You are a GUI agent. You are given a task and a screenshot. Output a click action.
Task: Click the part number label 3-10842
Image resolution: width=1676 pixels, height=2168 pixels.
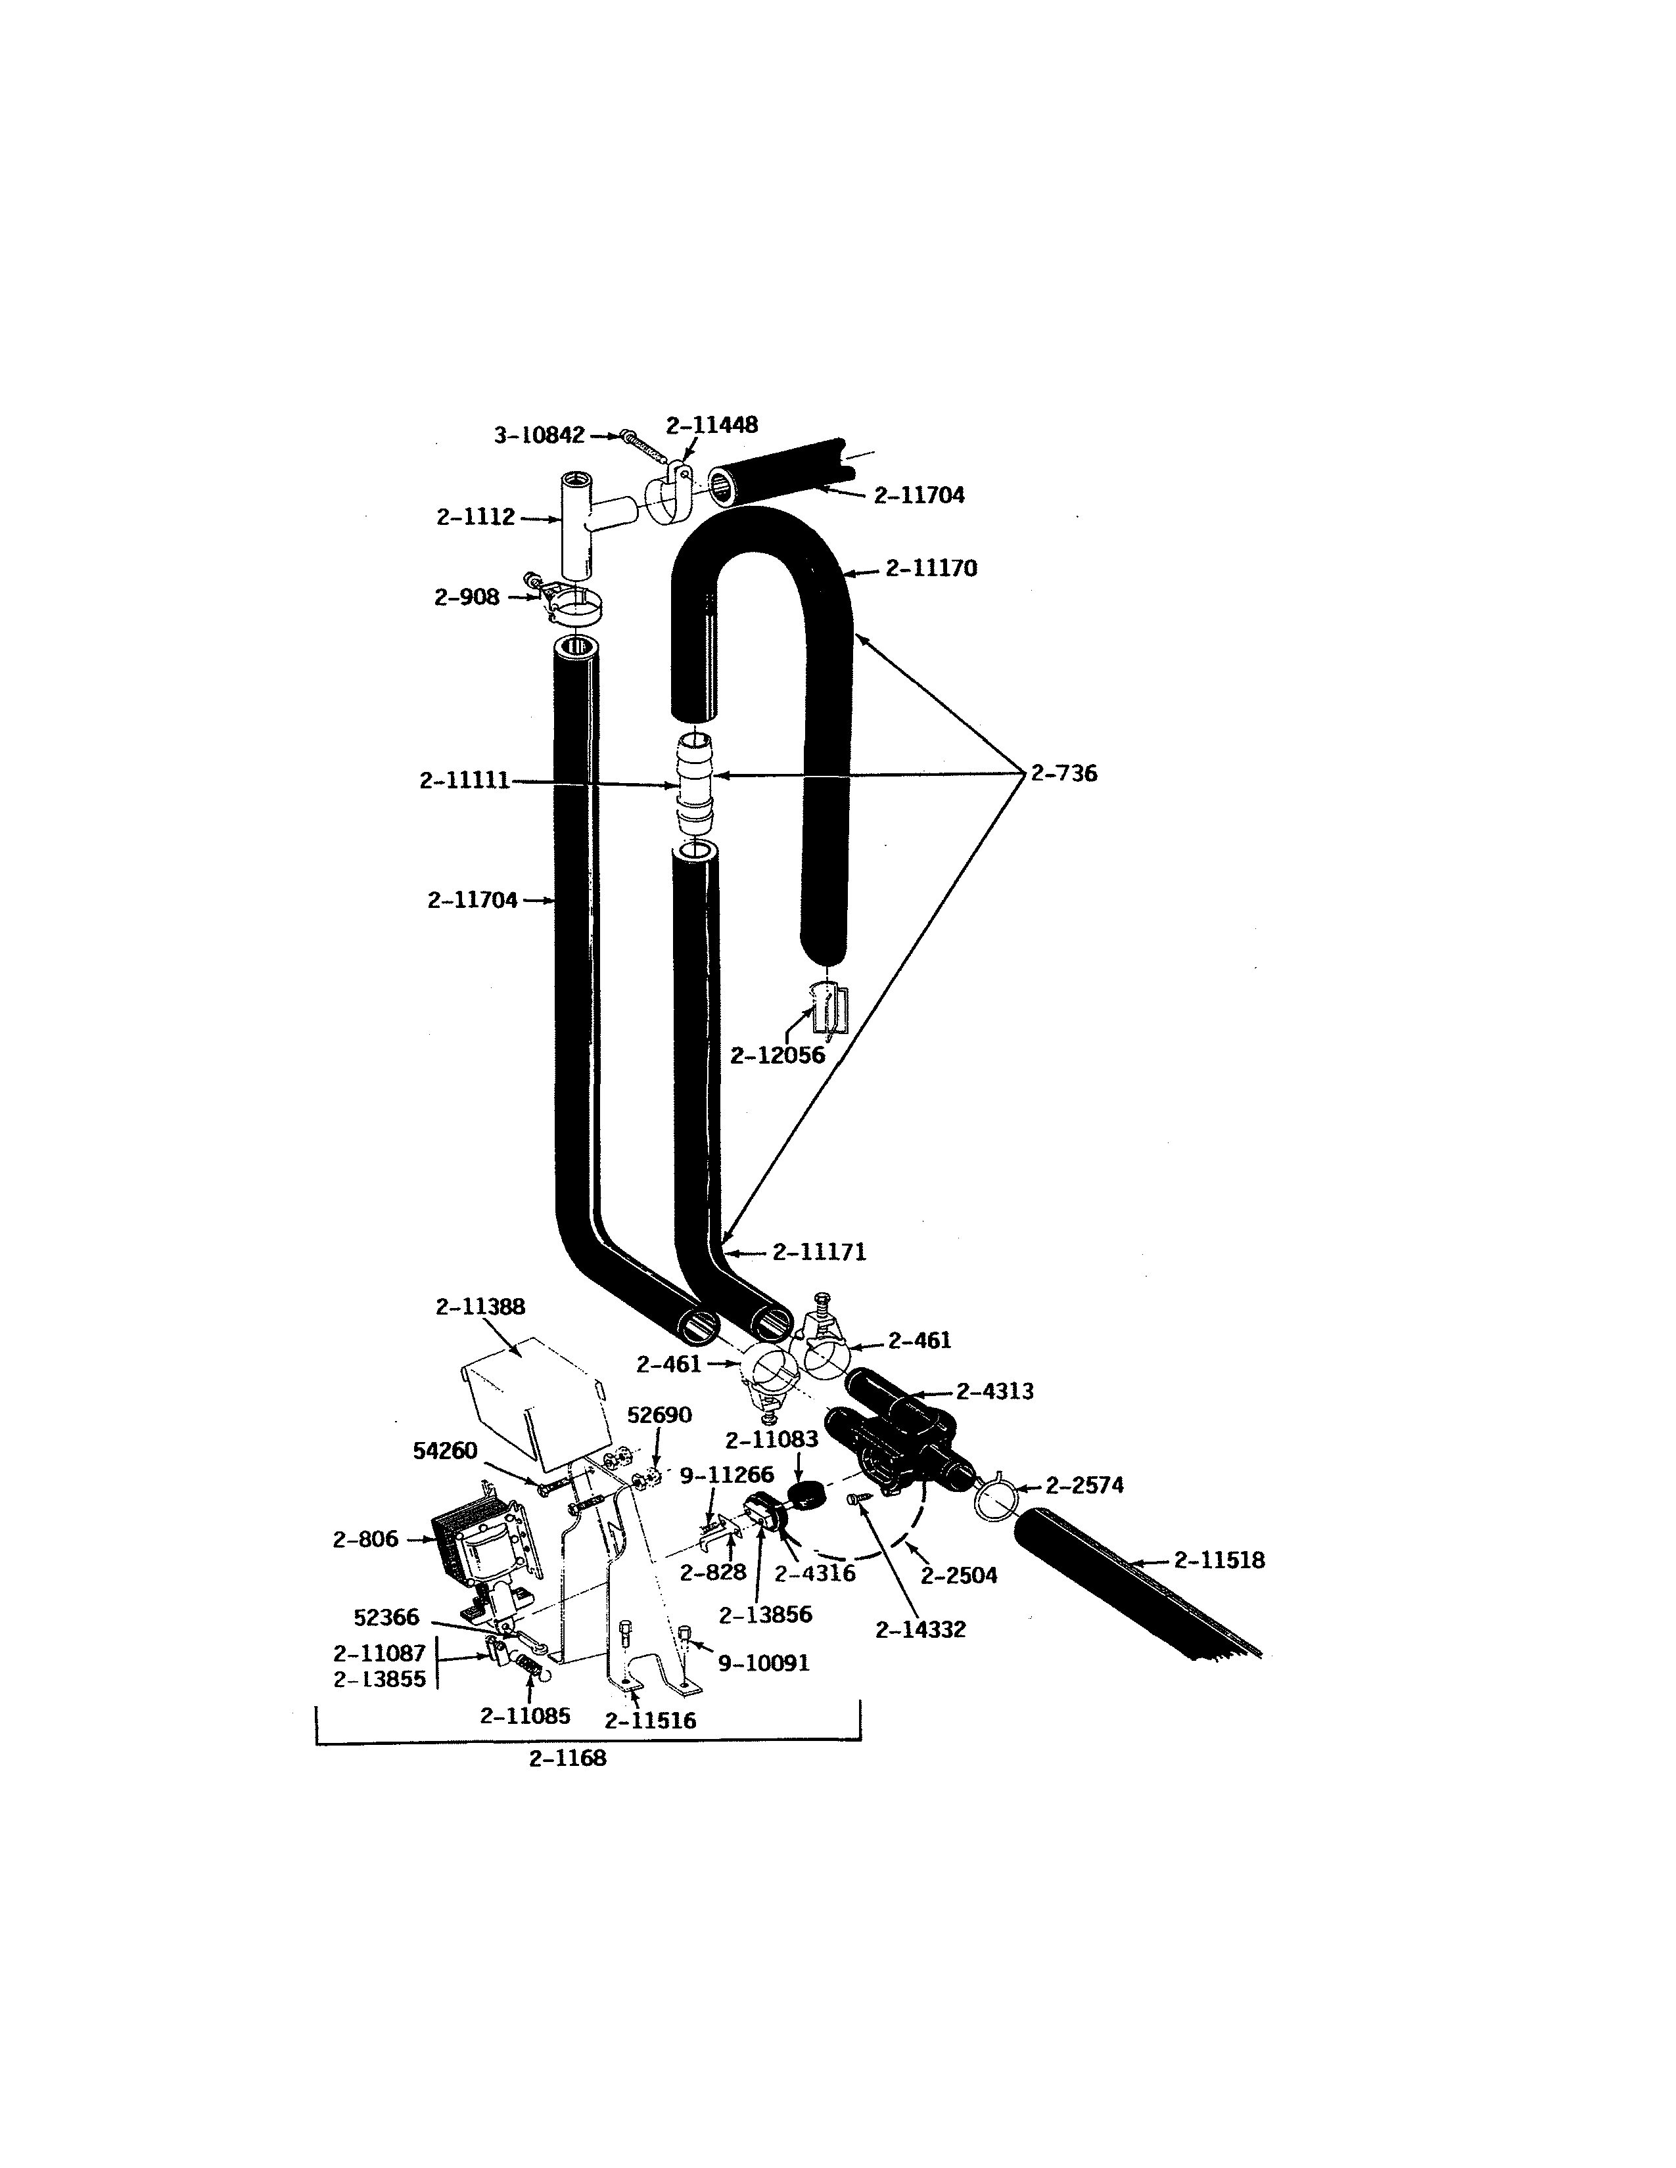click(x=539, y=436)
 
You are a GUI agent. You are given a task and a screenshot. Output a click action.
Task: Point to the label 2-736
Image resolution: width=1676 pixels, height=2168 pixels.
click(x=1063, y=773)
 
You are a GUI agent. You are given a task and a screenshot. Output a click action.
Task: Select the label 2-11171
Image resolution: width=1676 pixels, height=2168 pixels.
click(x=819, y=1253)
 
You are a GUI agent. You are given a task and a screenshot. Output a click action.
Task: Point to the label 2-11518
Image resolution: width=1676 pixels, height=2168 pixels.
click(x=1219, y=1560)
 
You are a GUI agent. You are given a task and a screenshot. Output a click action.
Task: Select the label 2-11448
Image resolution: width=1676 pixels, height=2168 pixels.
click(x=711, y=425)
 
